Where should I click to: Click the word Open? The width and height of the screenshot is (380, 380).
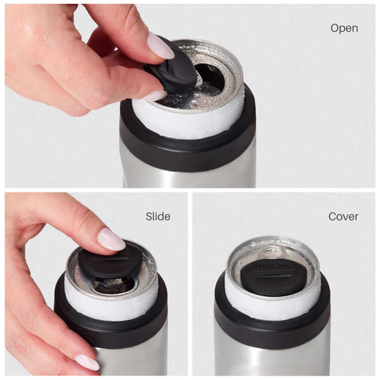click(x=344, y=28)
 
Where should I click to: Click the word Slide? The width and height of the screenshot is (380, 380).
click(x=158, y=217)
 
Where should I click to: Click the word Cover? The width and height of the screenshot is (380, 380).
click(x=343, y=217)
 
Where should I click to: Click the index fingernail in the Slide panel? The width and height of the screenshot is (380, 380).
click(x=111, y=240)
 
